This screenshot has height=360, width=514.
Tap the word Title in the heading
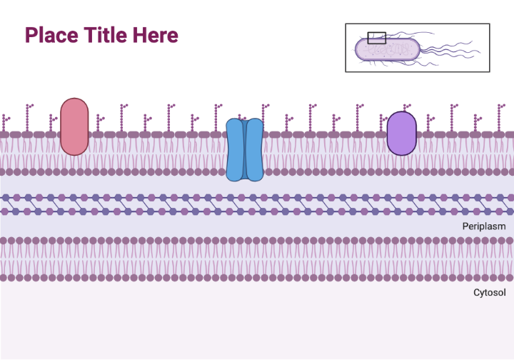(x=105, y=34)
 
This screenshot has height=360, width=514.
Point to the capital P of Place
(x=31, y=34)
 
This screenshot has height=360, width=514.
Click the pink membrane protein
(x=74, y=126)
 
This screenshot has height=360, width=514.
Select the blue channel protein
(x=244, y=149)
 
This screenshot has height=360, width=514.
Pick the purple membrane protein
(x=401, y=133)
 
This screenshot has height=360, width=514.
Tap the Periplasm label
(x=484, y=226)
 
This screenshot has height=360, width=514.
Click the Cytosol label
(x=489, y=292)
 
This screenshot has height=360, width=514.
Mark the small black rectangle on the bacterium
(x=376, y=37)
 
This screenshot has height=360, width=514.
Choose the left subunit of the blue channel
(x=235, y=149)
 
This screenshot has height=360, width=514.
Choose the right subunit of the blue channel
(x=254, y=149)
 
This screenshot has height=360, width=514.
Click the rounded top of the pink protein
(x=74, y=104)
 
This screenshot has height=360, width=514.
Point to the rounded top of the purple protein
(x=401, y=115)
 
